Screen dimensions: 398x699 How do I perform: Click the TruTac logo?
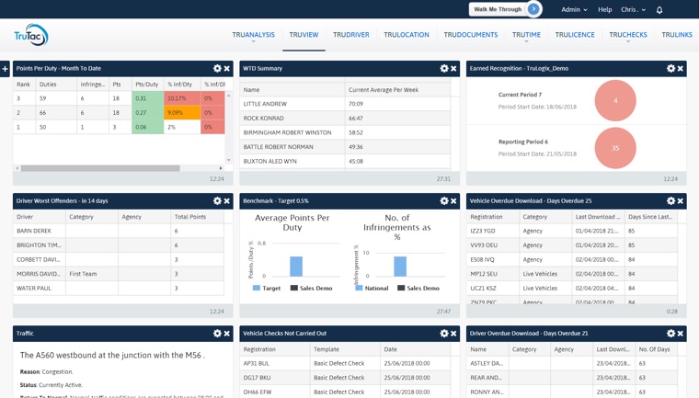(30, 36)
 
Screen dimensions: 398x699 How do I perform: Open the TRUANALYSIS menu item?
(253, 35)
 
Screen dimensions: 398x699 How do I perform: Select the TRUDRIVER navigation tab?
(350, 35)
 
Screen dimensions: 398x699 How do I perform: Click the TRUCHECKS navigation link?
(627, 35)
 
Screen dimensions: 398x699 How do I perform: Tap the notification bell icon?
(659, 10)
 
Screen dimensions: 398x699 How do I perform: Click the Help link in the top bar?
(604, 9)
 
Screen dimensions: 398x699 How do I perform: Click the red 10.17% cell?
(181, 98)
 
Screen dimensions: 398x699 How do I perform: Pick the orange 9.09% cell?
(181, 113)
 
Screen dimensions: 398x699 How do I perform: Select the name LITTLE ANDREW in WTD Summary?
(265, 104)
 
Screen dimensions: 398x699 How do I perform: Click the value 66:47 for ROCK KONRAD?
(357, 119)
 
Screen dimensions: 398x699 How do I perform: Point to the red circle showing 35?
(615, 148)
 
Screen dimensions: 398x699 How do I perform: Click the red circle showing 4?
(615, 100)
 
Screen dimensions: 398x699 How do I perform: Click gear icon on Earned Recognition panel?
(670, 68)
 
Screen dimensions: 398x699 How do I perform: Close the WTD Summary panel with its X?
(453, 68)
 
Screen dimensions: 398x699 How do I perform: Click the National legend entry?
(371, 288)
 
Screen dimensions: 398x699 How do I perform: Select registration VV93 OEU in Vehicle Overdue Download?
(483, 245)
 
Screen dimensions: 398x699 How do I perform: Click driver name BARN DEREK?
(34, 231)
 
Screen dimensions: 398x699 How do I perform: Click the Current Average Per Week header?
(384, 90)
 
